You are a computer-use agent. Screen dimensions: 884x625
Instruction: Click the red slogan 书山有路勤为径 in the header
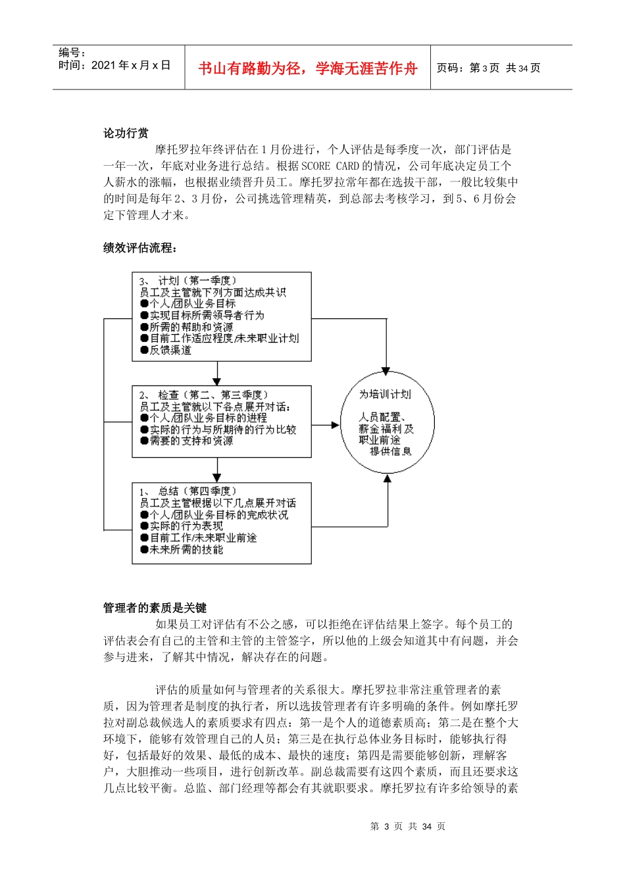click(x=307, y=68)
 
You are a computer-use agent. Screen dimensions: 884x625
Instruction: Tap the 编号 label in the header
click(x=72, y=53)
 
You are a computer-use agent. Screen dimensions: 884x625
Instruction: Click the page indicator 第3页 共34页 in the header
click(x=488, y=68)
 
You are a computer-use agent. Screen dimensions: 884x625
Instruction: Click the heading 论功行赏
click(x=126, y=133)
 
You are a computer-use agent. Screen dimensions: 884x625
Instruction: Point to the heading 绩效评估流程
click(x=140, y=247)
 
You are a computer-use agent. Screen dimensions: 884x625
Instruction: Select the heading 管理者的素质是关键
click(x=155, y=608)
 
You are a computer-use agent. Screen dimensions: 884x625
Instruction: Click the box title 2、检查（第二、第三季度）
click(x=203, y=395)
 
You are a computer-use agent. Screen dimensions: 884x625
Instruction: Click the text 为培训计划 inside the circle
click(x=385, y=394)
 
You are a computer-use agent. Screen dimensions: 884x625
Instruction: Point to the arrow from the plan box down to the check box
click(x=217, y=375)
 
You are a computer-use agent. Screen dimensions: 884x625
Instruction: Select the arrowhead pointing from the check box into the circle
click(x=335, y=425)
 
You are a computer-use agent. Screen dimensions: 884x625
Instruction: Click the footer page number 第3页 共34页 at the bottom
click(x=408, y=826)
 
